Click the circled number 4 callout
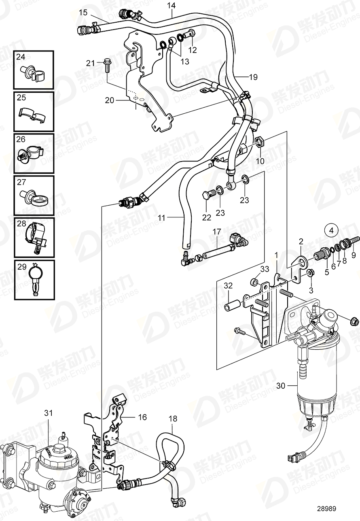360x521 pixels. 331,230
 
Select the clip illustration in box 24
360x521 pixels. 34,72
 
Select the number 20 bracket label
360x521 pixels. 110,100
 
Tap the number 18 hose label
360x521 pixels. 173,419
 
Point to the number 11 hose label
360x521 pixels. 162,218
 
